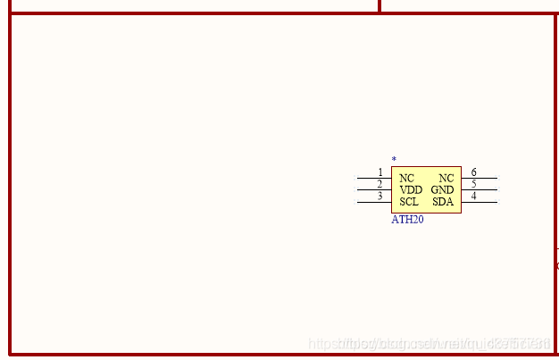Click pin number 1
point(380,172)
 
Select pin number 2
point(380,184)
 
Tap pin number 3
point(380,196)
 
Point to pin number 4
point(473,196)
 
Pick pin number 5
point(473,184)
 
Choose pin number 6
point(473,172)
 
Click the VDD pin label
point(411,190)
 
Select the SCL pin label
point(409,202)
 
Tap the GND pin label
point(442,190)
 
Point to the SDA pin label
point(443,202)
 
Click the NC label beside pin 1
point(406,179)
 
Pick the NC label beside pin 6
point(446,179)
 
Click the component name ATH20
point(407,220)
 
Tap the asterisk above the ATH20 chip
point(394,160)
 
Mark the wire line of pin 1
point(368,179)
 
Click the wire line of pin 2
point(368,190)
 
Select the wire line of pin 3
point(368,202)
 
